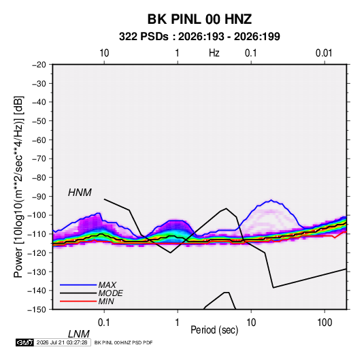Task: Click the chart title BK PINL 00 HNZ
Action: point(199,19)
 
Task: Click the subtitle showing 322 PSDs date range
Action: point(199,37)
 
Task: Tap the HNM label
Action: point(80,193)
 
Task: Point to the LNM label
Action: point(78,334)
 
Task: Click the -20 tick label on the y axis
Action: point(39,65)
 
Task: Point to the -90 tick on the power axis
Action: point(39,197)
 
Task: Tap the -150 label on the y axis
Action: point(37,310)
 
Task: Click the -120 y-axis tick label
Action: point(37,253)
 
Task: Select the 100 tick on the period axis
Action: point(325,323)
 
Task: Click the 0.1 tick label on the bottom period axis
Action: point(104,323)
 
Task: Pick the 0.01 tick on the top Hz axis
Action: point(324,53)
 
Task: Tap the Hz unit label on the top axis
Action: point(214,53)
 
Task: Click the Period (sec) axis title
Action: point(214,330)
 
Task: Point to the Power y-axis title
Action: point(18,187)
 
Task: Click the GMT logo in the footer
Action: point(25,342)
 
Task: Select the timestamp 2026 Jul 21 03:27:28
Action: point(62,342)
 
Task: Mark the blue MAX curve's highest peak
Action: point(271,200)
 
